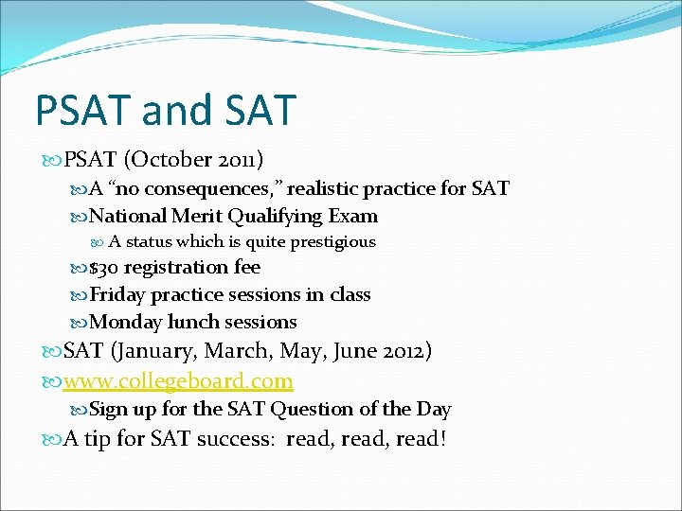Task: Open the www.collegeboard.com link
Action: coord(177,380)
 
